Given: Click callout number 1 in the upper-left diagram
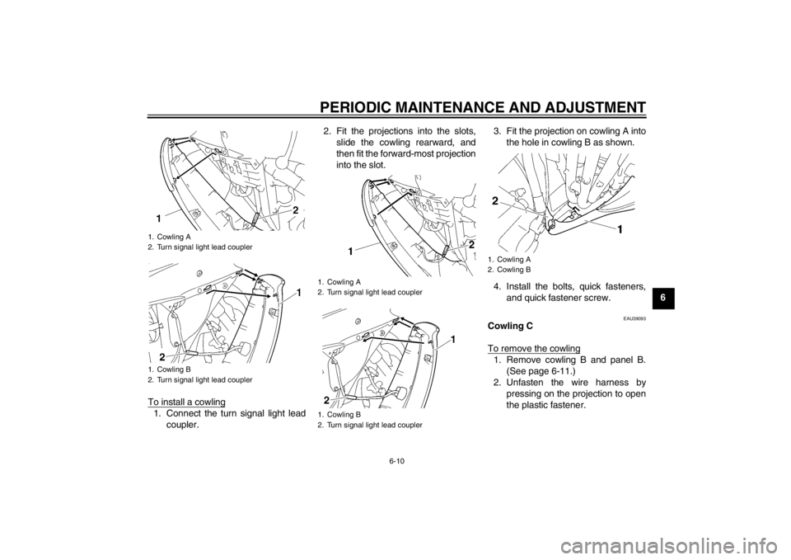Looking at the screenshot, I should (x=158, y=219).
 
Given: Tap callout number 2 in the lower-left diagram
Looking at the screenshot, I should (x=161, y=357).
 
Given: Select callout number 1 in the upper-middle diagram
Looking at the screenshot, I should (x=351, y=249).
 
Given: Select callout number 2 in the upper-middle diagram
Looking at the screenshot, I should (x=471, y=245).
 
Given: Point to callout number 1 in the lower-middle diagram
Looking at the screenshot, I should (x=453, y=340).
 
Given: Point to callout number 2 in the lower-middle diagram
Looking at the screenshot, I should (x=326, y=399).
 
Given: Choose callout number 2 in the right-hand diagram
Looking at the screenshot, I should (x=495, y=200).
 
